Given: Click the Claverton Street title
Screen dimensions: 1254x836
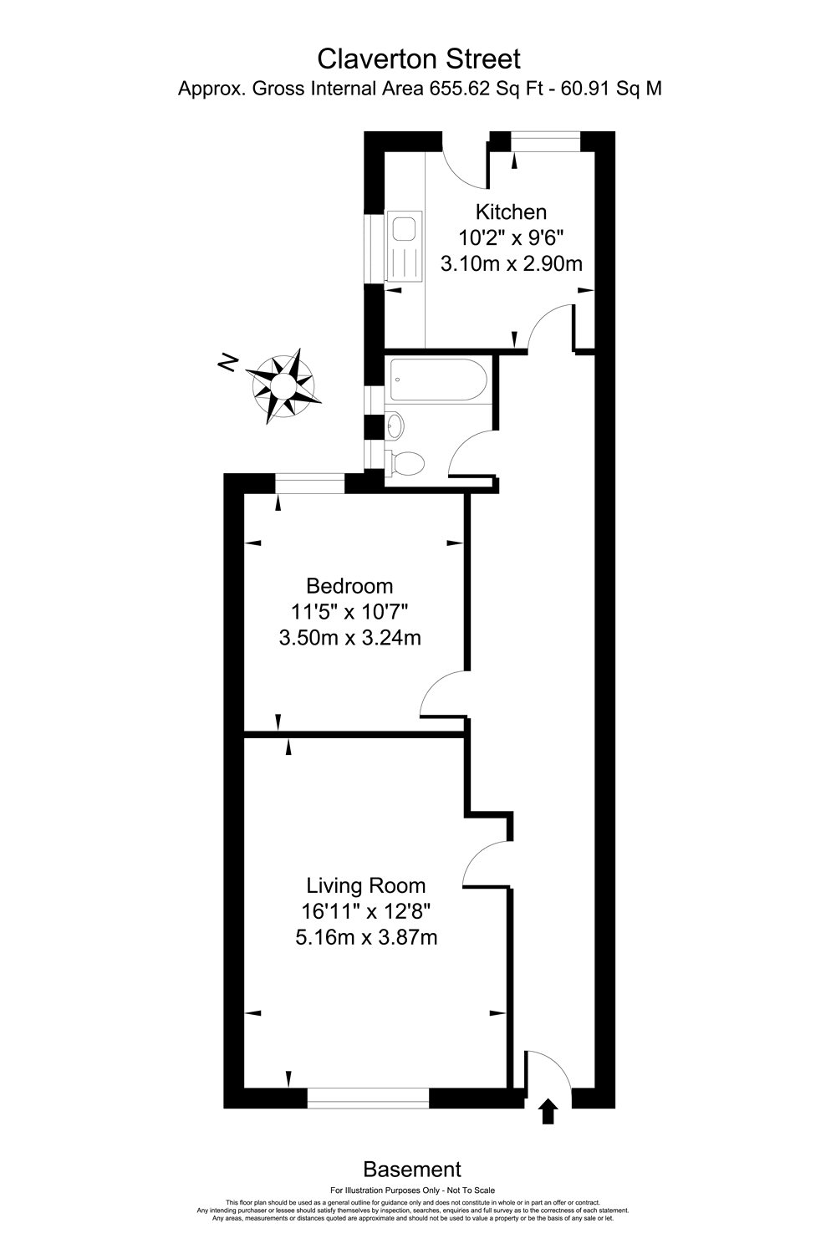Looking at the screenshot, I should point(419,59).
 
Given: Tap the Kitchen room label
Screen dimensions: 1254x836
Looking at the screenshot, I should point(511,212).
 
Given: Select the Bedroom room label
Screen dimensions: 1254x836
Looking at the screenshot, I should point(349,585).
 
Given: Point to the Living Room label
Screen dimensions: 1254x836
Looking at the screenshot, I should point(365,885).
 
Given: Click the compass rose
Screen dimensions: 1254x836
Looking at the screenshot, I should point(285,385).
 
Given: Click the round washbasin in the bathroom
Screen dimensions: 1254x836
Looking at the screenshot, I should point(395,426).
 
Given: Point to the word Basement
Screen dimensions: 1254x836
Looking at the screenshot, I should point(412,1169).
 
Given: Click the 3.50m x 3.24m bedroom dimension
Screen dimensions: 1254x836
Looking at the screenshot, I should point(349,639).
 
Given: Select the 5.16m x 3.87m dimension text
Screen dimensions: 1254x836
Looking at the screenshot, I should point(366,938).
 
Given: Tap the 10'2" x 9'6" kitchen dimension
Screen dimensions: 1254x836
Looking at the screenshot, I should point(511,237).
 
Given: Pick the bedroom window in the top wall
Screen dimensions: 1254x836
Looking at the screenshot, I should point(310,483).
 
